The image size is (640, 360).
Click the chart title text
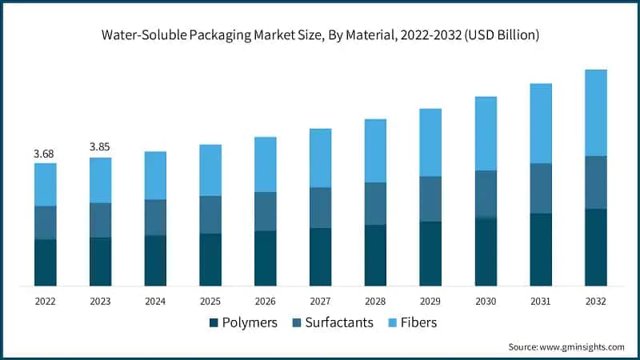320,35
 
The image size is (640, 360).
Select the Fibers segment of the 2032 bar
595,112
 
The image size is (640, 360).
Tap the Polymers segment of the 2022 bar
46,262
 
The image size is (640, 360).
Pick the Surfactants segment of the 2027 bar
320,207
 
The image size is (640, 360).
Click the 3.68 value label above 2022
45,152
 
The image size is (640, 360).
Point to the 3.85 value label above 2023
100,146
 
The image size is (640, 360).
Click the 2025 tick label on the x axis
210,302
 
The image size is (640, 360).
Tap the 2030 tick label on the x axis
486,302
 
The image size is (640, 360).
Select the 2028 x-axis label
375,302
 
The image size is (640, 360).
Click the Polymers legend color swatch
214,323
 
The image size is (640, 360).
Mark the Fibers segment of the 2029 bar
430,142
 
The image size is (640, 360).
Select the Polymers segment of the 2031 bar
541,249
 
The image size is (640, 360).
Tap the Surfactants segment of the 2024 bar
155,217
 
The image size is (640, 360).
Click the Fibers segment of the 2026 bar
266,164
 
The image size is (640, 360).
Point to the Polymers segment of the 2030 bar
486,251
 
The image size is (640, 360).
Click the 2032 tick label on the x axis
595,302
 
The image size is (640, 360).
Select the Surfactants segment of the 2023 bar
100,220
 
